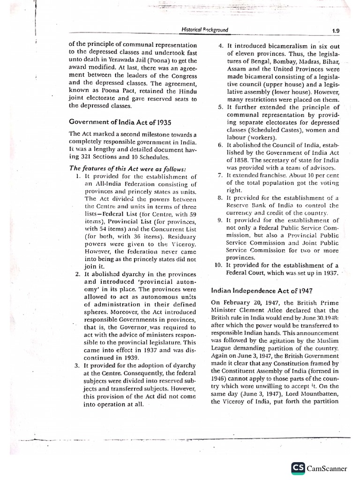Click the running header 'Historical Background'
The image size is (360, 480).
pyautogui.click(x=204, y=30)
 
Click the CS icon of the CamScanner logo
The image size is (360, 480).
pyautogui.click(x=298, y=467)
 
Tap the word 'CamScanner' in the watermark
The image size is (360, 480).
pyautogui.click(x=327, y=468)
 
